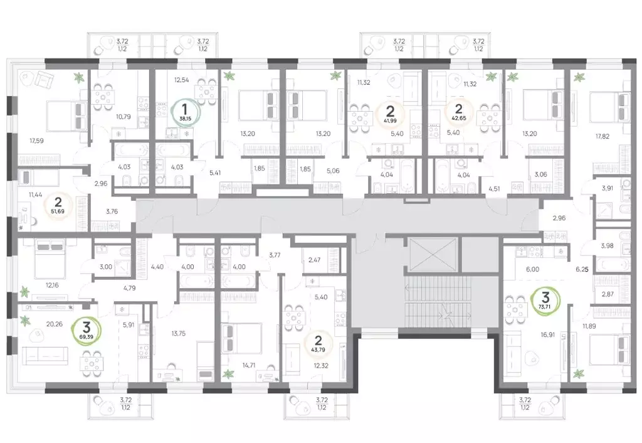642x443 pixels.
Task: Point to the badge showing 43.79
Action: coord(318,344)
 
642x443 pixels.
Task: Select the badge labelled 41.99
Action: coord(390,114)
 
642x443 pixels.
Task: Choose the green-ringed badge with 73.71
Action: coord(545,297)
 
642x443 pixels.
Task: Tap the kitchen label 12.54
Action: coord(181,80)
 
